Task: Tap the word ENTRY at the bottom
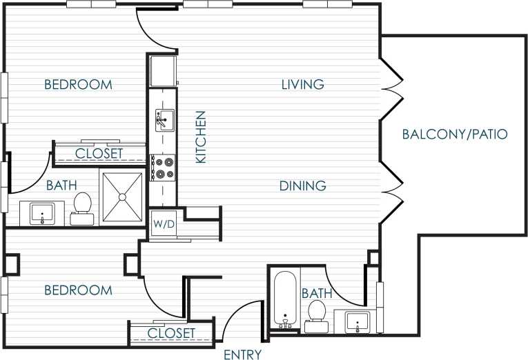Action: pyautogui.click(x=243, y=354)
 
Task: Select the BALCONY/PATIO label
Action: pyautogui.click(x=455, y=134)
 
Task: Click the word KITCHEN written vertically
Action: pyautogui.click(x=202, y=137)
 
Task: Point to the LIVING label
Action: pyautogui.click(x=302, y=84)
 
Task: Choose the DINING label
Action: pyautogui.click(x=302, y=186)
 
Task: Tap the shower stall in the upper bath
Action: pyautogui.click(x=122, y=197)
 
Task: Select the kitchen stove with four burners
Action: pyautogui.click(x=164, y=167)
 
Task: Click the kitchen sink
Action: pyautogui.click(x=164, y=121)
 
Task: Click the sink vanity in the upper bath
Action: pyautogui.click(x=43, y=213)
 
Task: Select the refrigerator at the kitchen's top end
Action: pyautogui.click(x=163, y=70)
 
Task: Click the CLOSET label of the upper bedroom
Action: pyautogui.click(x=99, y=153)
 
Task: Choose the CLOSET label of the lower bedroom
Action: pyautogui.click(x=171, y=333)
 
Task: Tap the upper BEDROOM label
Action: pyautogui.click(x=78, y=84)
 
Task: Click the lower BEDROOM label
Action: pyautogui.click(x=78, y=290)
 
